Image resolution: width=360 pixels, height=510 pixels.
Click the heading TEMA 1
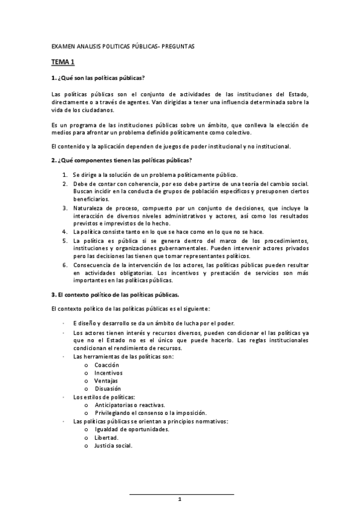click(x=63, y=62)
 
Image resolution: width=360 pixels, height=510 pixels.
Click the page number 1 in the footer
click(x=180, y=500)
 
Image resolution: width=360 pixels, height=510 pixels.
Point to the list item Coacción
click(x=107, y=364)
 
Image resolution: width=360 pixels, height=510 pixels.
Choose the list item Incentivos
click(x=108, y=373)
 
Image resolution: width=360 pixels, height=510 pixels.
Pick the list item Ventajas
click(x=106, y=381)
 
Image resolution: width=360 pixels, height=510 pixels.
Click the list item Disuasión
click(x=108, y=389)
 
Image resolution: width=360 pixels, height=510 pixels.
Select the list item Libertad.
click(x=106, y=437)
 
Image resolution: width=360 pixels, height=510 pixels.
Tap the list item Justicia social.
click(x=113, y=446)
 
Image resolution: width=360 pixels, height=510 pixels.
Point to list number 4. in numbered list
click(x=65, y=232)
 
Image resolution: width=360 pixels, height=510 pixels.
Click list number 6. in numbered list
click(x=65, y=264)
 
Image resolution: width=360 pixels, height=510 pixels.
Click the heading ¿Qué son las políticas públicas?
click(x=98, y=79)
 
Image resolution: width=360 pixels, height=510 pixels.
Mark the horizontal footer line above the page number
click(x=182, y=494)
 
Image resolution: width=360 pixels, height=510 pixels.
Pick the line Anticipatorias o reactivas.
click(x=129, y=405)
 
